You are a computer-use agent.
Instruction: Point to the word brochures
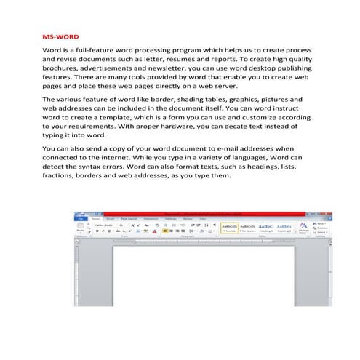64,74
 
